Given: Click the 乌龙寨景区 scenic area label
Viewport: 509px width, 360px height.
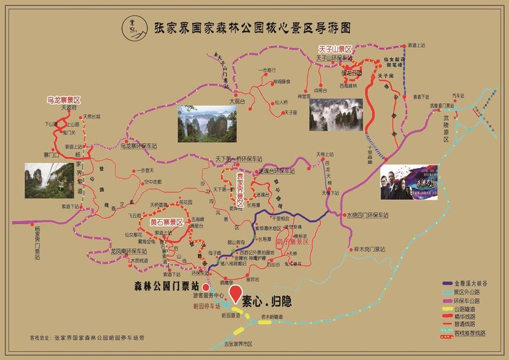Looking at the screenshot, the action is pos(64,100).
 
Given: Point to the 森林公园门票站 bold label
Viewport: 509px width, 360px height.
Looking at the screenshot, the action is pos(165,286).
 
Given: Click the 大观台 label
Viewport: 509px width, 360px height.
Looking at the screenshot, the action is pos(237,100).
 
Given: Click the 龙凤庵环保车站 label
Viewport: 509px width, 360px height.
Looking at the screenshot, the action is pos(130,252).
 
